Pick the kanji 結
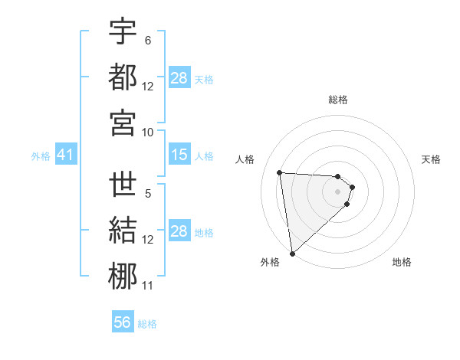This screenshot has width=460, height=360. click(x=123, y=231)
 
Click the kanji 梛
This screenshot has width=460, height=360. click(x=123, y=277)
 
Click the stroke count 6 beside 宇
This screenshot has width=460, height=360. click(x=148, y=40)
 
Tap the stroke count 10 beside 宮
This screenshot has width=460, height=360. click(x=148, y=132)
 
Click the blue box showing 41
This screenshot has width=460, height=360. click(x=65, y=155)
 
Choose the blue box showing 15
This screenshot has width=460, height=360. click(x=179, y=155)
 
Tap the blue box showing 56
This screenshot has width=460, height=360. click(x=123, y=322)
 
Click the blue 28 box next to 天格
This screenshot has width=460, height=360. click(x=179, y=78)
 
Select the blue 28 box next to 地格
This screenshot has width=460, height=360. click(x=179, y=232)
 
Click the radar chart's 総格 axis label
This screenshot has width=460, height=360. click(x=338, y=100)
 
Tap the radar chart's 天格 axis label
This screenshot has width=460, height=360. click(x=432, y=159)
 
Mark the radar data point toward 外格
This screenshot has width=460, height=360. click(x=292, y=253)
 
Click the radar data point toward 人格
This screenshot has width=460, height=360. click(x=280, y=172)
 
